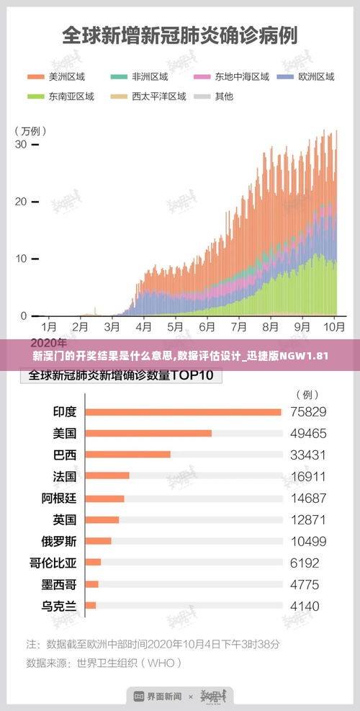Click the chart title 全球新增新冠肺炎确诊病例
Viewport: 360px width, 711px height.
click(179, 35)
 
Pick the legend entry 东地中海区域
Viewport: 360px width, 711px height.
click(232, 76)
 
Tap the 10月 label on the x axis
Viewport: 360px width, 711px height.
click(334, 326)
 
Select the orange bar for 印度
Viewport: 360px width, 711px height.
click(183, 412)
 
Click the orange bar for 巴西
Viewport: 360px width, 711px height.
click(127, 455)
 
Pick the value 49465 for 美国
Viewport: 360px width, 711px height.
click(308, 434)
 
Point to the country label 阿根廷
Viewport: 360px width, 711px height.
click(58, 498)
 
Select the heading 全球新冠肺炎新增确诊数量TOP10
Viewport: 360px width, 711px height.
click(125, 376)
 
